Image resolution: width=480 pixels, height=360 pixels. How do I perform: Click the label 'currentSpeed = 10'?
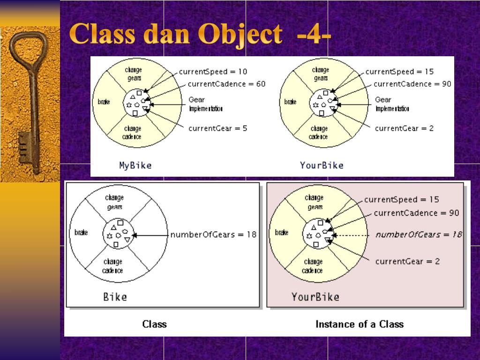click(x=213, y=72)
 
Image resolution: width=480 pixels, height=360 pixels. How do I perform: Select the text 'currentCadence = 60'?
click(x=226, y=84)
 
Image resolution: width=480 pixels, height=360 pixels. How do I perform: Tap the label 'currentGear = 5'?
click(x=217, y=128)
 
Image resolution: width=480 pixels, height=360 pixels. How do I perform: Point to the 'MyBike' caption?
click(x=135, y=165)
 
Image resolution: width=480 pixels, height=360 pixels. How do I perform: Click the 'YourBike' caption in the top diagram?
click(x=322, y=165)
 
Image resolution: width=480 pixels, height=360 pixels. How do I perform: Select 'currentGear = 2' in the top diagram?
click(x=404, y=128)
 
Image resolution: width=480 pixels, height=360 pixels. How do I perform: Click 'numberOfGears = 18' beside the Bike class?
click(x=213, y=234)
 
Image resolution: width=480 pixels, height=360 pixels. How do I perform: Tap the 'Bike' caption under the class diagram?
click(x=115, y=296)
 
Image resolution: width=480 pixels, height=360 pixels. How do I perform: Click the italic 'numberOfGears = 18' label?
click(x=419, y=234)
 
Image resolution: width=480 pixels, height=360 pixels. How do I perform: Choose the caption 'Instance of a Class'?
click(x=359, y=324)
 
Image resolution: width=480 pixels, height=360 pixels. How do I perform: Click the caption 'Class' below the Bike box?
click(x=154, y=324)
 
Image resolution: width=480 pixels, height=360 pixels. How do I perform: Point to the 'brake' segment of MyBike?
click(x=104, y=102)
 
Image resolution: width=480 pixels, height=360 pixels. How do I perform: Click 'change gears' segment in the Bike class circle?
click(x=114, y=202)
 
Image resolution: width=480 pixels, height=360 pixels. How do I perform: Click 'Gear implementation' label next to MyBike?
click(x=205, y=104)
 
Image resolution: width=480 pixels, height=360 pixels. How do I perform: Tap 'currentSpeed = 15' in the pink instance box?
click(x=402, y=199)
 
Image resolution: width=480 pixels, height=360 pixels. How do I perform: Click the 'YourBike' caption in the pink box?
click(x=315, y=296)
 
